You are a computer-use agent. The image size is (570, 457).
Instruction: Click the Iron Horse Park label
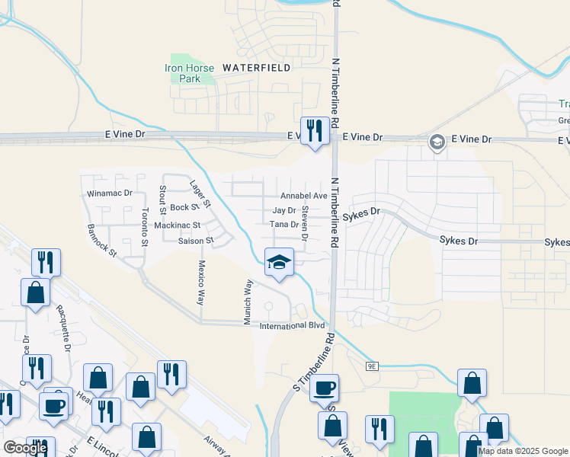point(183,73)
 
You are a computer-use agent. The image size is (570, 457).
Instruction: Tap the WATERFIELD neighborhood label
point(256,68)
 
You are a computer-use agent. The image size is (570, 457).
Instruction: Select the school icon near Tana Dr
point(279,263)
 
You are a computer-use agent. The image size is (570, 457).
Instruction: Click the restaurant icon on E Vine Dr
point(314,132)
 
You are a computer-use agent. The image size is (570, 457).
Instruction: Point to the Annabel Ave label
point(303,196)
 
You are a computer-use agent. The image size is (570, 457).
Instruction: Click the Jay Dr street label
point(283,210)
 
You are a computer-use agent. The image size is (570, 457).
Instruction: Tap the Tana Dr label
point(283,224)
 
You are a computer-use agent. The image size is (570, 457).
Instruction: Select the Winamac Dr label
point(110,193)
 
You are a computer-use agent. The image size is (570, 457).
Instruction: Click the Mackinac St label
point(177,225)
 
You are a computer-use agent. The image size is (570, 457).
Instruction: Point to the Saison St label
point(197,241)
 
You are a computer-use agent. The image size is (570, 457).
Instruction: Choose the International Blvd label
point(287,326)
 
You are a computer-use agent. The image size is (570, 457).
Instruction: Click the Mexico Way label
point(202,283)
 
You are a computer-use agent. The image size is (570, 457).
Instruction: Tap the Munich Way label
point(248,302)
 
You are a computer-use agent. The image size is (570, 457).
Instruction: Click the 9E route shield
point(372,366)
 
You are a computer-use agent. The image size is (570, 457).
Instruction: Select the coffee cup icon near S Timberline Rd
point(325,388)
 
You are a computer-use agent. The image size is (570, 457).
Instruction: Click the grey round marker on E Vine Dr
point(437,141)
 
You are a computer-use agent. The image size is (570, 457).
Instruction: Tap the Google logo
point(25,448)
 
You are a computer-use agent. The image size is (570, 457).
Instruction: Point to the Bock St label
point(184,207)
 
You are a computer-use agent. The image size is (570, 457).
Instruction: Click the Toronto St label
point(144,228)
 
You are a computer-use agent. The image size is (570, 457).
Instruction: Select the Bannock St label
point(101,239)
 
